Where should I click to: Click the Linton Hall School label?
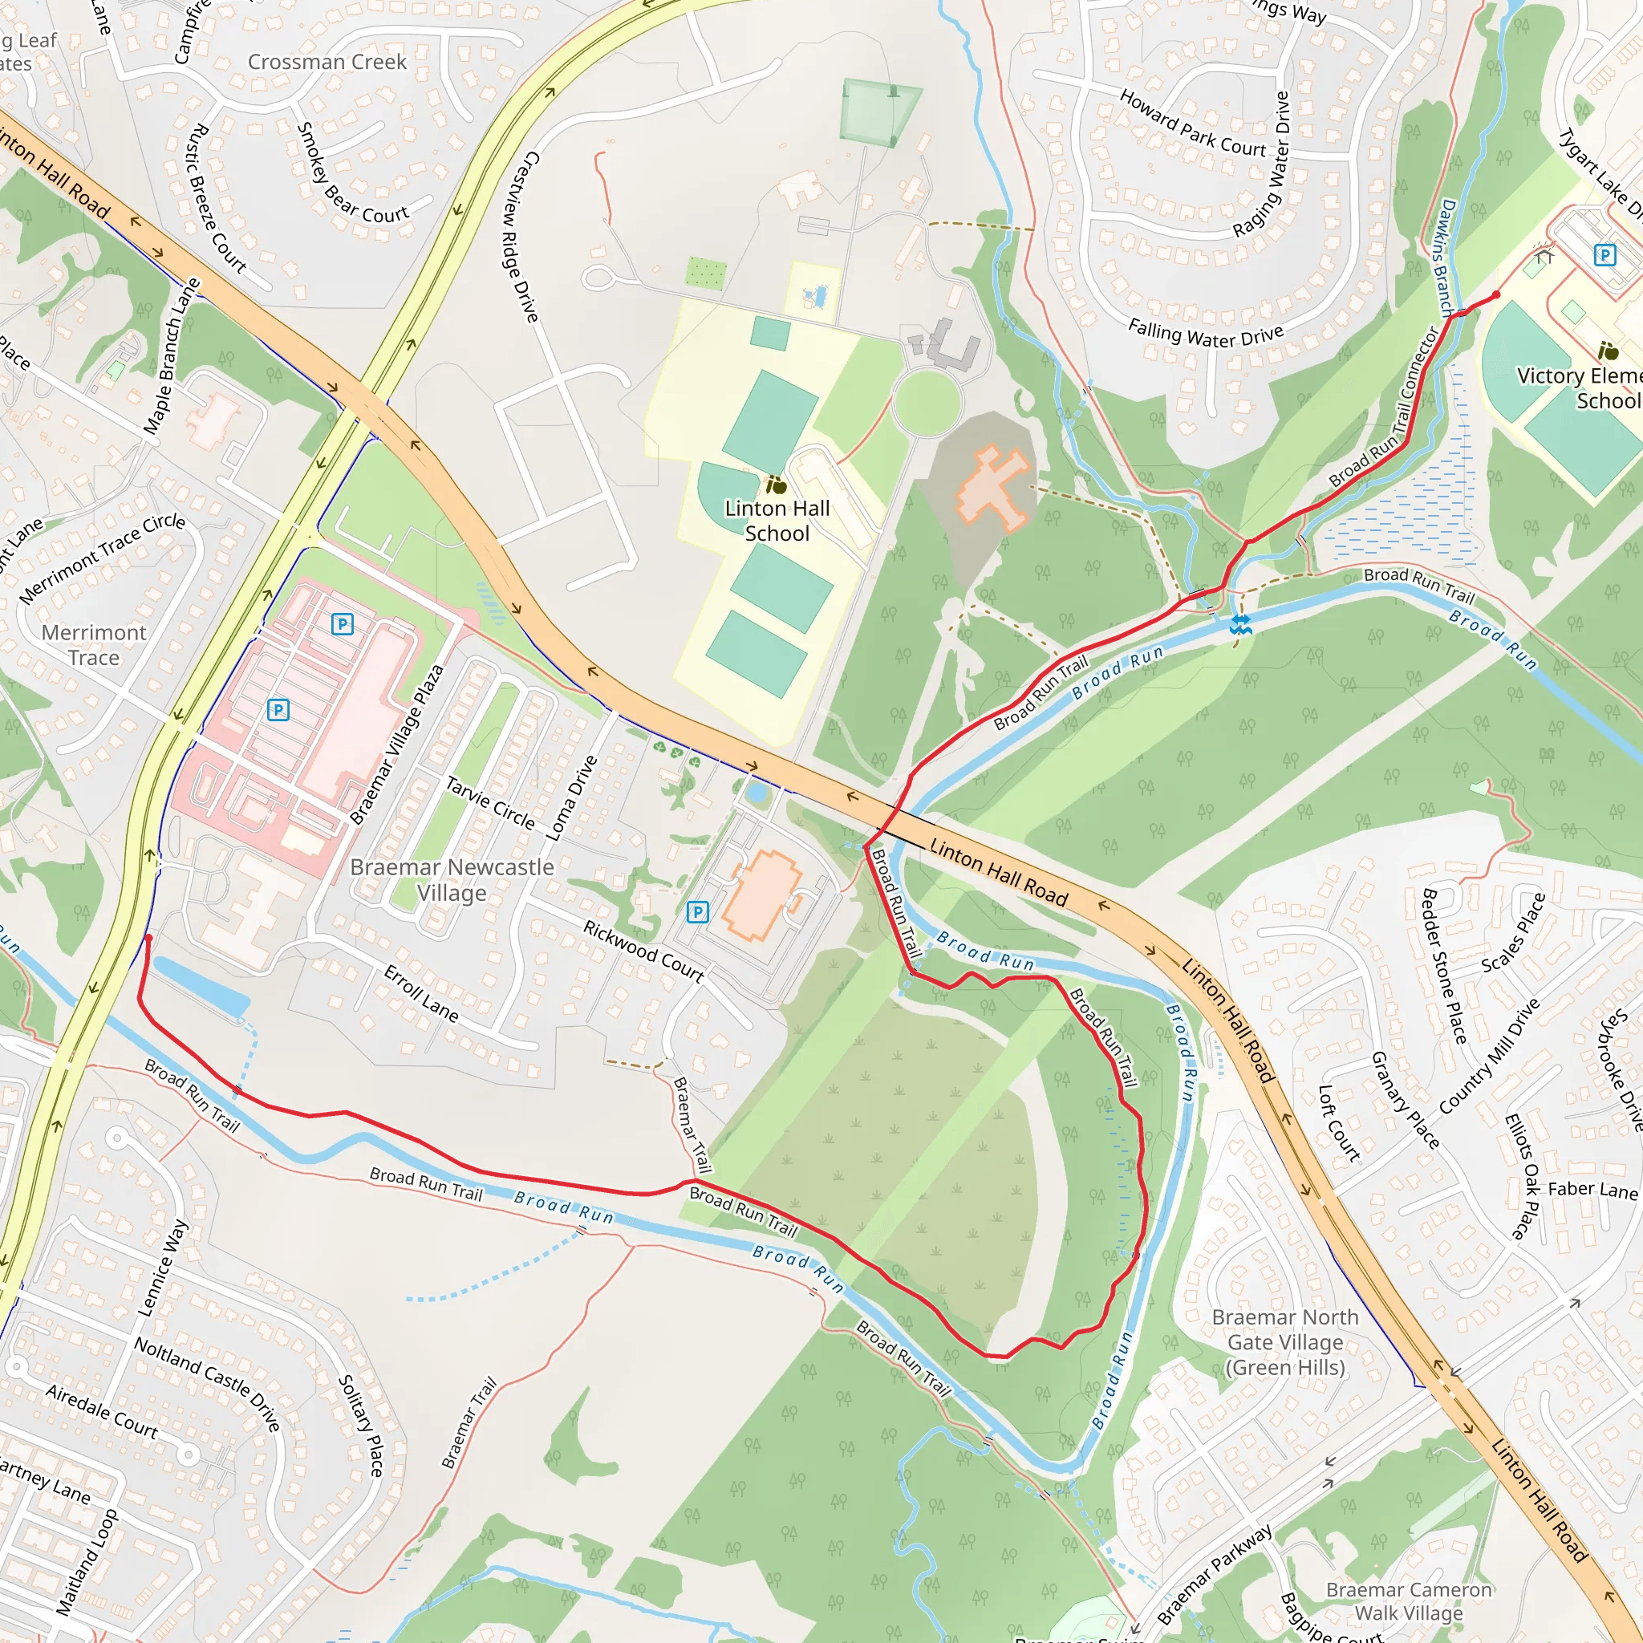click(x=777, y=521)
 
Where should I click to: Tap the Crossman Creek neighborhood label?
click(x=327, y=62)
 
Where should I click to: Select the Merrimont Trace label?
click(x=94, y=645)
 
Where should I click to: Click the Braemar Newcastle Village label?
click(x=452, y=879)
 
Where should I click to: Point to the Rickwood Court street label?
click(x=643, y=951)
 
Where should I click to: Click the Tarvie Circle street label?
click(x=491, y=804)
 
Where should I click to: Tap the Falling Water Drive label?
click(x=1205, y=335)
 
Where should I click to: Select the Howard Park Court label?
click(x=1192, y=125)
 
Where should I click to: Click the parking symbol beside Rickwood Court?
click(x=697, y=912)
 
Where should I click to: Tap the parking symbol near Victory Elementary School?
click(x=1604, y=254)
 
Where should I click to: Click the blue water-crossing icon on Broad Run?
click(x=1241, y=625)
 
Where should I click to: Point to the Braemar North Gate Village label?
click(x=1285, y=1342)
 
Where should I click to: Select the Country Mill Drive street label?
click(x=1489, y=1057)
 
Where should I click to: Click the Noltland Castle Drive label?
click(x=207, y=1383)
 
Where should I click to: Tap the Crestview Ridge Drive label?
click(x=521, y=237)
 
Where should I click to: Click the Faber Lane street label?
click(x=1592, y=1190)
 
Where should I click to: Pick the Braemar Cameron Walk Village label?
click(x=1408, y=1600)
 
